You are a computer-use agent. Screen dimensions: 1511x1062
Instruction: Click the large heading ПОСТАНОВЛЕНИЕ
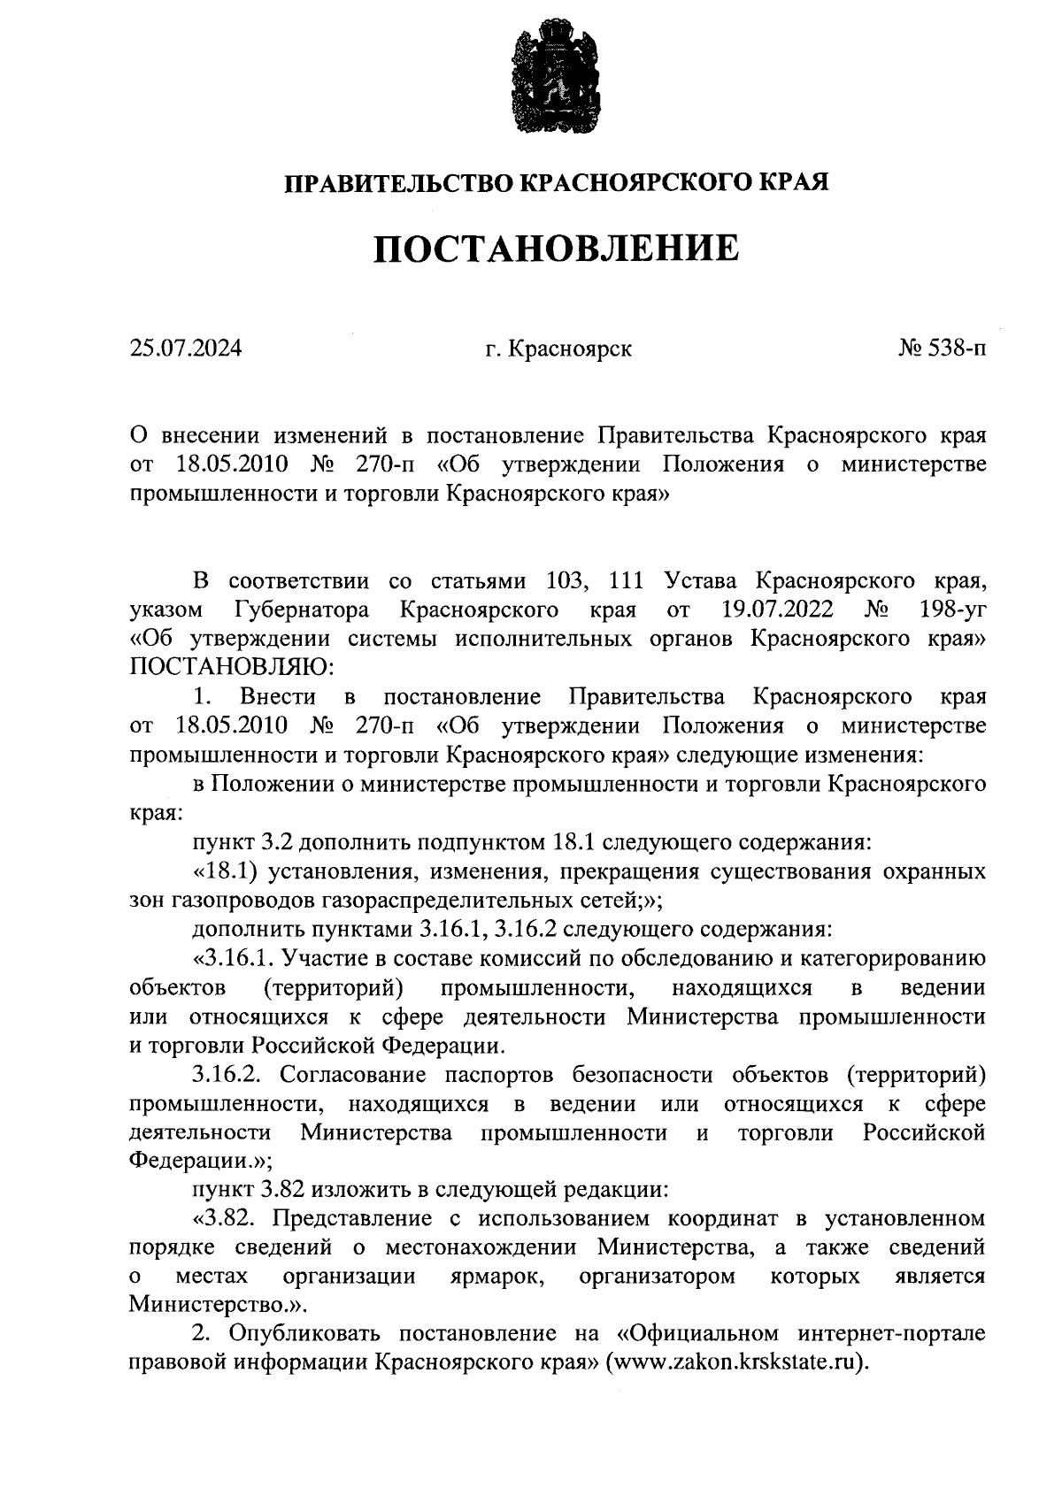point(555,249)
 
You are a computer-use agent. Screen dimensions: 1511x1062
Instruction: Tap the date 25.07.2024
point(186,349)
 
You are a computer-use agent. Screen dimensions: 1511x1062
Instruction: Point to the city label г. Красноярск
point(558,349)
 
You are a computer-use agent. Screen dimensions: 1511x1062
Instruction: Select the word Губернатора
point(302,610)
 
